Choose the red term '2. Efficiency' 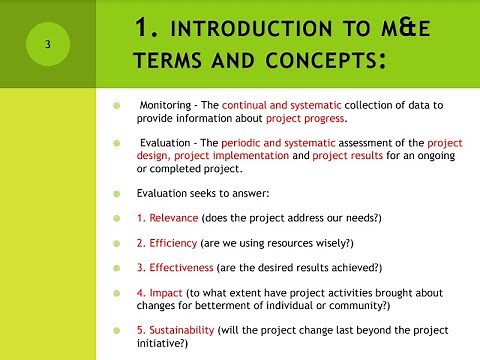[166, 243]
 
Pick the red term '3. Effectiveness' [176, 268]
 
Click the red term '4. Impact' [159, 293]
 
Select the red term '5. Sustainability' [179, 330]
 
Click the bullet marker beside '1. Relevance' [117, 218]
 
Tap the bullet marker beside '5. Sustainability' [117, 330]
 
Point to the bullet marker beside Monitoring [117, 105]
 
